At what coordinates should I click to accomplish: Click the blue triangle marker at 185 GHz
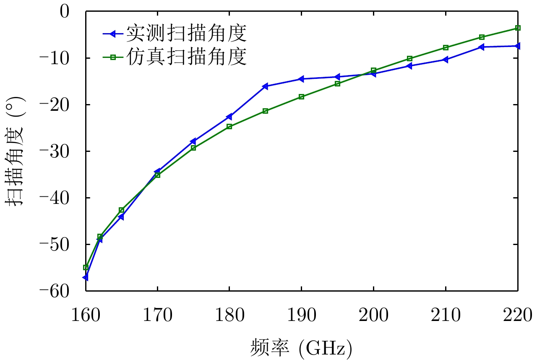click(265, 86)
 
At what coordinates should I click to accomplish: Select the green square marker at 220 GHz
click(518, 28)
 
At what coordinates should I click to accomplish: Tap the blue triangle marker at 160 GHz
click(85, 277)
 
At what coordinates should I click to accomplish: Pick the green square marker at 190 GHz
click(301, 97)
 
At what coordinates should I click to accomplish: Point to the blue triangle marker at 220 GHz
click(518, 46)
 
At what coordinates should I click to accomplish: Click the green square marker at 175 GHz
click(193, 148)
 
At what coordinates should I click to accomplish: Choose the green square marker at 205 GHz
click(409, 59)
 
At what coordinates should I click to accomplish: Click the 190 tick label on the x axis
click(301, 315)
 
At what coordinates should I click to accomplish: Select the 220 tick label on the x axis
click(518, 315)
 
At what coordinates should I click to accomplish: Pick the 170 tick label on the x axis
click(157, 315)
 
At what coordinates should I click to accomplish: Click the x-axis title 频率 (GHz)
click(301, 347)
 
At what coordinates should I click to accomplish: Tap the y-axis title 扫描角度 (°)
click(16, 151)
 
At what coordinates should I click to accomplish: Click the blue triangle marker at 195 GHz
click(337, 77)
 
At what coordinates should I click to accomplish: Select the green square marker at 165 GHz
click(121, 210)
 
